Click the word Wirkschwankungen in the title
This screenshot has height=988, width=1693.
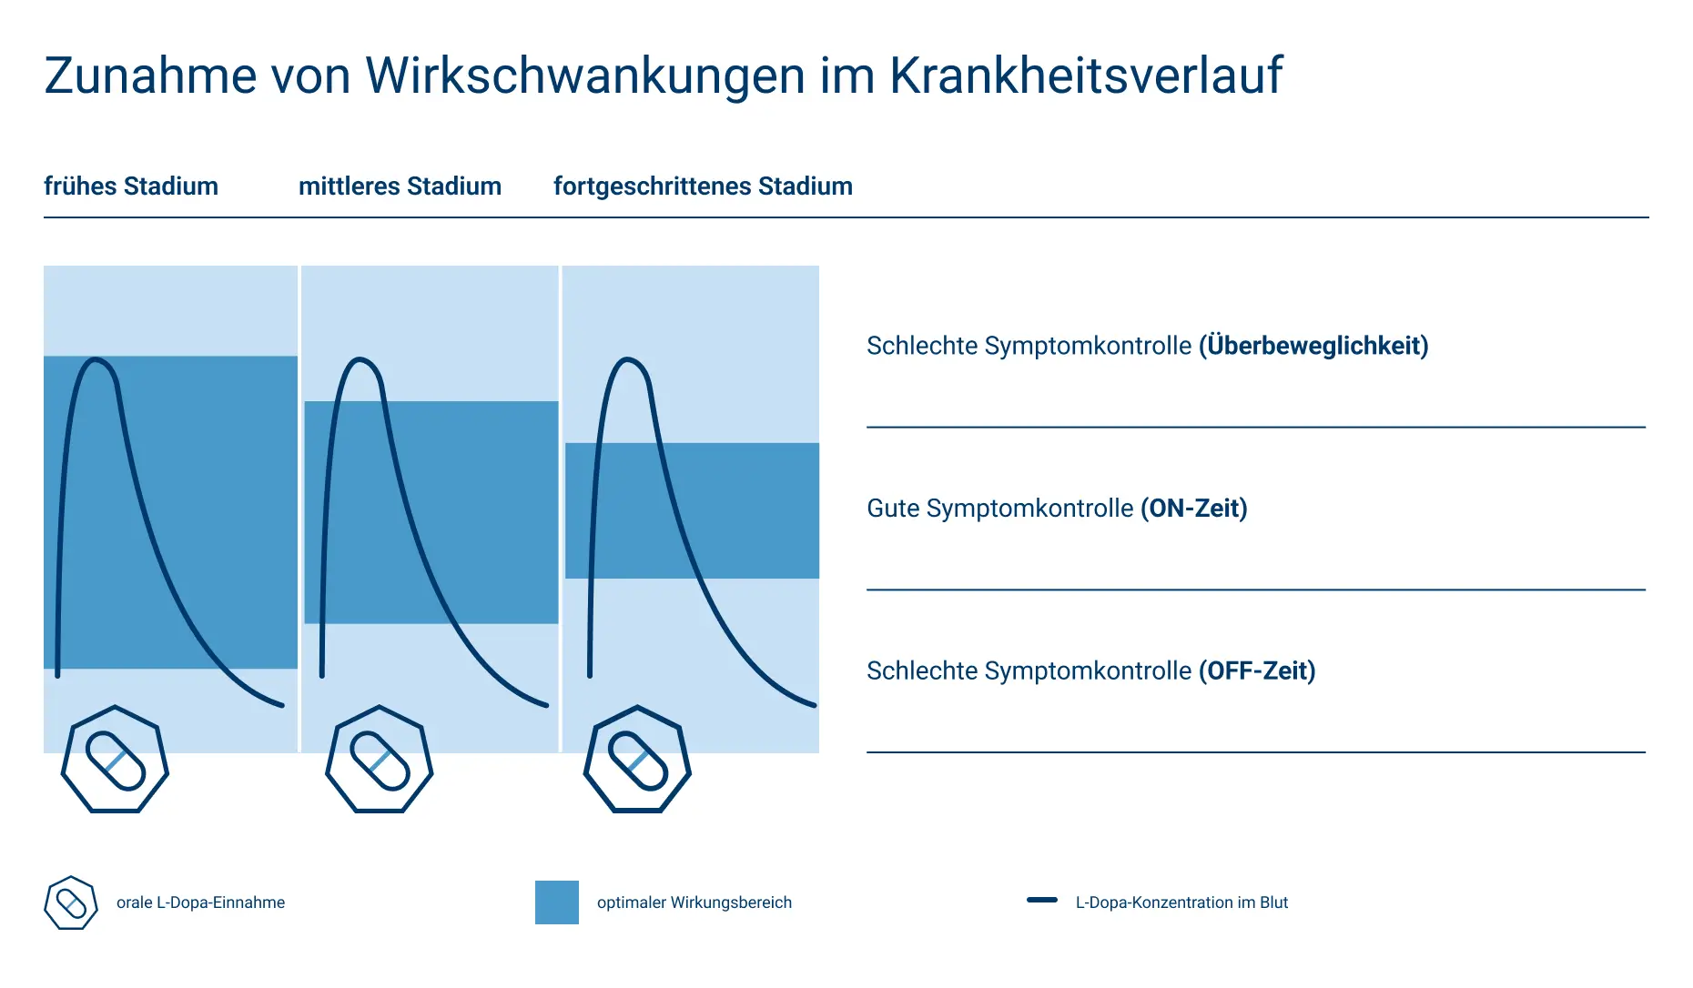click(x=585, y=76)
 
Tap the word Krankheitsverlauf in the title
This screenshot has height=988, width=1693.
click(x=1085, y=76)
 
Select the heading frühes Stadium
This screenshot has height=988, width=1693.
click(x=131, y=187)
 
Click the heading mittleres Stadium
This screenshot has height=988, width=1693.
click(x=400, y=187)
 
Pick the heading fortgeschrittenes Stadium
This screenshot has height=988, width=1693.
click(x=703, y=187)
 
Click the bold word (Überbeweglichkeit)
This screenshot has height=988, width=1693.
click(x=1313, y=346)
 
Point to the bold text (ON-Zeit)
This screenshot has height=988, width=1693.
click(x=1193, y=508)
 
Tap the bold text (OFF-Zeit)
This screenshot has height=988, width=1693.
click(x=1257, y=670)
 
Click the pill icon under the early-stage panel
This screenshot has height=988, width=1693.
click(x=115, y=760)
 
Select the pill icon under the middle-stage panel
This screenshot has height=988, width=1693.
click(x=380, y=760)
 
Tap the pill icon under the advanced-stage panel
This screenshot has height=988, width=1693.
click(x=637, y=760)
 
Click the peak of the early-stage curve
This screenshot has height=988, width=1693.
click(x=95, y=360)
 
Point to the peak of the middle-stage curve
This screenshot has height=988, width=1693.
click(x=360, y=360)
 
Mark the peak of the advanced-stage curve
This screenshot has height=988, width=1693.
click(x=627, y=360)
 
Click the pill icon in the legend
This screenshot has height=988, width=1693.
click(x=71, y=902)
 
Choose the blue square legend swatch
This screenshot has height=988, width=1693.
click(x=557, y=902)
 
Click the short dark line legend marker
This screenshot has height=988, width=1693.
click(x=1042, y=901)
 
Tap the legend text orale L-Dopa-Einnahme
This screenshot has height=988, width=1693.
click(x=200, y=902)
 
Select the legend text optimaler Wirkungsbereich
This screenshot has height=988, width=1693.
click(x=694, y=902)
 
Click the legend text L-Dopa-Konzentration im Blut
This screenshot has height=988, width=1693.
click(x=1181, y=902)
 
